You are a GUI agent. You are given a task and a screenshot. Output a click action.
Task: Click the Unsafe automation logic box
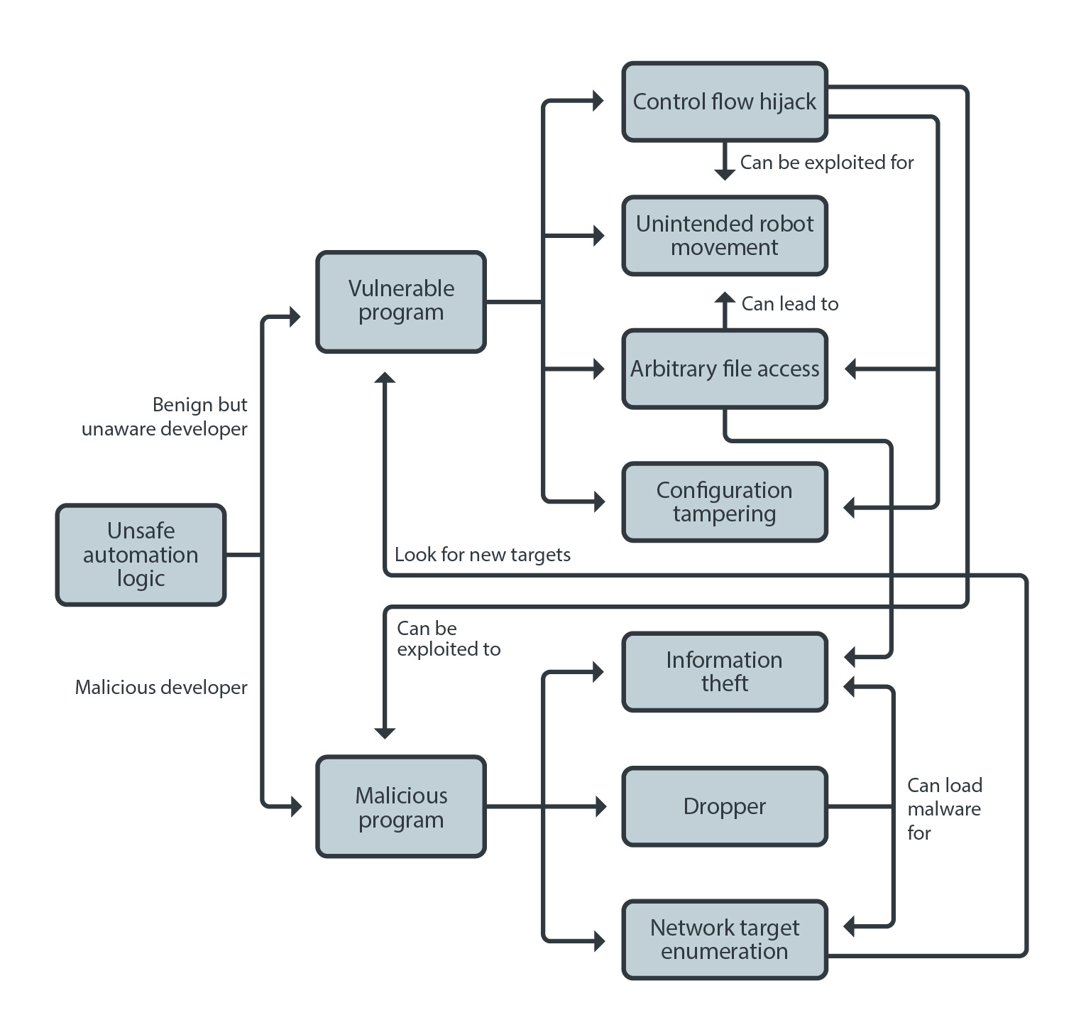(141, 555)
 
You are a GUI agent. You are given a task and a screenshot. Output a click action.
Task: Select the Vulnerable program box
(401, 301)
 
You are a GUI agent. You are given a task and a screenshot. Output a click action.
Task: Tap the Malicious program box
(401, 806)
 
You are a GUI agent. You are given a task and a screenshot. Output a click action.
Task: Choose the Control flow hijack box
(725, 102)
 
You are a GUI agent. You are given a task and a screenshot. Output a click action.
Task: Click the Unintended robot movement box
(725, 235)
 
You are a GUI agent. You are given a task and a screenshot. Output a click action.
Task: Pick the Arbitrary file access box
(725, 369)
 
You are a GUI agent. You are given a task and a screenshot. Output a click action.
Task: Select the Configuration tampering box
(725, 502)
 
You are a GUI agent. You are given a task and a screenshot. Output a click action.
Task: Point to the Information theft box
(725, 672)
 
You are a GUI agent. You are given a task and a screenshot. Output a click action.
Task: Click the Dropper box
(725, 806)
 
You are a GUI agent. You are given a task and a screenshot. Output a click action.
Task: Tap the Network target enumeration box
(725, 940)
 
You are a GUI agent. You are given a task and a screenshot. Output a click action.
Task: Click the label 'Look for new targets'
(483, 555)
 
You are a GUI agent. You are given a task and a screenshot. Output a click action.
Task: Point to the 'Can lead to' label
(790, 304)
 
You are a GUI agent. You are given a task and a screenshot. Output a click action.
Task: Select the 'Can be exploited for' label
(827, 163)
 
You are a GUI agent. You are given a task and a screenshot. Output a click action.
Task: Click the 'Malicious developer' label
(161, 688)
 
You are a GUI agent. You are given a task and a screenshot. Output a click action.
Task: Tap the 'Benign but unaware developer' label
(165, 417)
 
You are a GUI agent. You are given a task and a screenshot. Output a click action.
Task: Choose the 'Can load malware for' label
(945, 809)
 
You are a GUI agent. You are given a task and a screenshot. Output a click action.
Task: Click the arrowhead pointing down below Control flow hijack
(725, 173)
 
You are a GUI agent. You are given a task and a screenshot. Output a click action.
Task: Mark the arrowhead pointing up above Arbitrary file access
(725, 298)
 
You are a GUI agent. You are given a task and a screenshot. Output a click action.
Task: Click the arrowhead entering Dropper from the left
(600, 806)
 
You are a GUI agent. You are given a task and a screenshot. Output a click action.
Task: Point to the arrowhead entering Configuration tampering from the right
(850, 507)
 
